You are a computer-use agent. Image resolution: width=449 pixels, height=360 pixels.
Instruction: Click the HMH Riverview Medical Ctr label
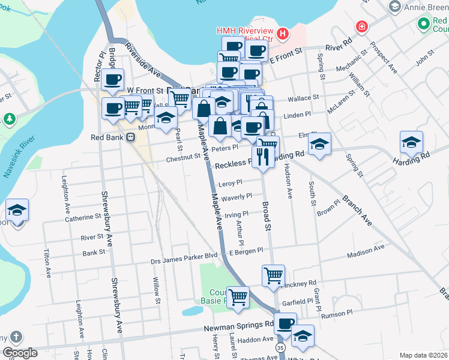pos(246,35)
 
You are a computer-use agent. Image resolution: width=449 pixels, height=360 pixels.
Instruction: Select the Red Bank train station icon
pos(131,137)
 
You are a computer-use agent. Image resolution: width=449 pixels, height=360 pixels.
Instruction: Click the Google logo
pos(20,353)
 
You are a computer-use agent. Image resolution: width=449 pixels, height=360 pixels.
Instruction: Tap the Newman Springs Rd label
pos(238,325)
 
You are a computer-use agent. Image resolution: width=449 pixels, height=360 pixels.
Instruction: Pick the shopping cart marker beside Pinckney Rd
pos(273,276)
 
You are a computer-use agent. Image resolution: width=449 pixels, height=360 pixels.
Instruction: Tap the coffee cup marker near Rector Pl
pos(112,79)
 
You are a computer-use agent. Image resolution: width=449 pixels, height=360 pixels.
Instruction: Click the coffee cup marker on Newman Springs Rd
pos(285,325)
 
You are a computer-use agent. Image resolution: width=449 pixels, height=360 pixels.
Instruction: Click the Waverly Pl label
pos(237,197)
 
